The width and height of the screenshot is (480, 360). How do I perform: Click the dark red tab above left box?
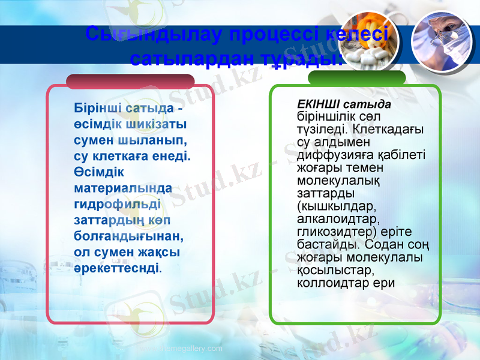[130, 81]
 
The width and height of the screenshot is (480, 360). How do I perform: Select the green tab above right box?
[356, 77]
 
